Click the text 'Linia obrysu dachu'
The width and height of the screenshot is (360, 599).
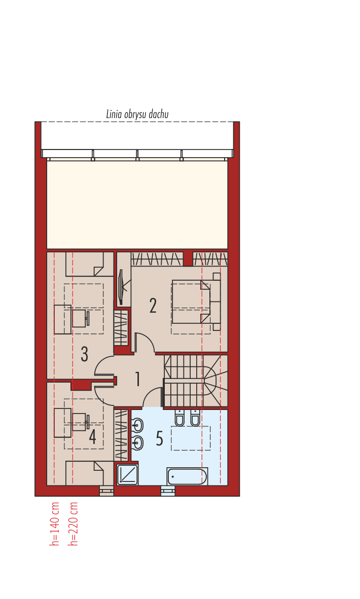137,115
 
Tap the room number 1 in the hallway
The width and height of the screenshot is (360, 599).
137,379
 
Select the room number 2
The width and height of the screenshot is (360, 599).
153,306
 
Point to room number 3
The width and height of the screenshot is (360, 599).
85,354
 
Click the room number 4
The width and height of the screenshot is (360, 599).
92,437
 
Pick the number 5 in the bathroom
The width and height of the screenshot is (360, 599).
159,439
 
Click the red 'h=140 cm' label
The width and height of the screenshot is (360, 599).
55,524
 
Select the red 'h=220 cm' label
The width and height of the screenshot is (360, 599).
74,524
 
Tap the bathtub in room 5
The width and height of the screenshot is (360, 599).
187,476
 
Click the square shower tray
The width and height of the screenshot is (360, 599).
127,475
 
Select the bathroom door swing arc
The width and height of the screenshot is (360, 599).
152,396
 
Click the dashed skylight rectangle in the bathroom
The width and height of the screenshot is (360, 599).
191,438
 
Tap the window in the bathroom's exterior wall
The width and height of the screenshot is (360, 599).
168,490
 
